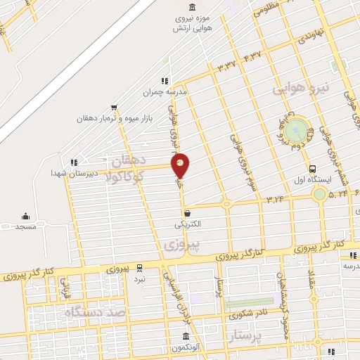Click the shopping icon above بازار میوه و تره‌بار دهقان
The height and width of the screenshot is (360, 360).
[x=114, y=108]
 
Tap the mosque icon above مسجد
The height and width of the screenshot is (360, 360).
[x=26, y=216]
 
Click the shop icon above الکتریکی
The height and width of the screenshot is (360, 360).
[x=187, y=212]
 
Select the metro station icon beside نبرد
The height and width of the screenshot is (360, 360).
[x=140, y=268]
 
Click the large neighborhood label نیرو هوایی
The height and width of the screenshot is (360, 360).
[x=300, y=89]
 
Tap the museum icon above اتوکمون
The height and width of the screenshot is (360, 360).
[x=187, y=335]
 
